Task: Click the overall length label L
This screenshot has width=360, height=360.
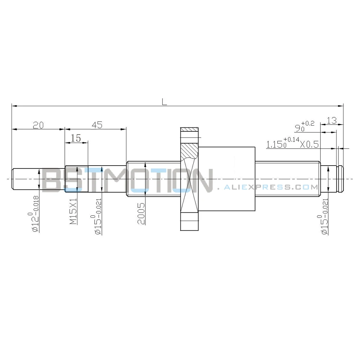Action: (x=164, y=102)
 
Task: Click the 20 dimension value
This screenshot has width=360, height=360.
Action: (x=38, y=125)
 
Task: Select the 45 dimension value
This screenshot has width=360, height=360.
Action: (x=97, y=125)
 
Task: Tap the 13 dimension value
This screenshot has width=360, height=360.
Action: (x=332, y=120)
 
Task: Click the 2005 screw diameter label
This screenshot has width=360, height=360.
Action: (x=141, y=213)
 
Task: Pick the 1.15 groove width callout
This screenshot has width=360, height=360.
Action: (x=292, y=143)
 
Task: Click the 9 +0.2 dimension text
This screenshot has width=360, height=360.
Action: (x=305, y=126)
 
